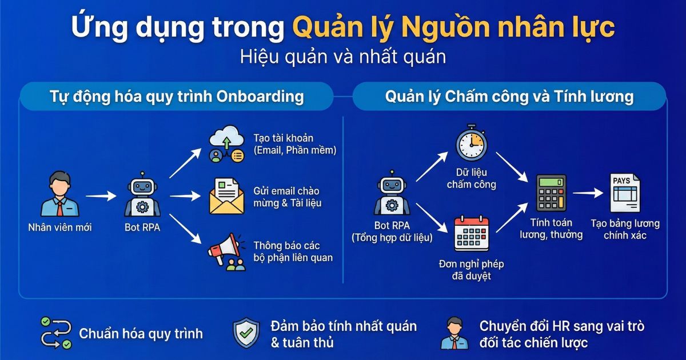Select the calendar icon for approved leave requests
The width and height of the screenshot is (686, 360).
pyautogui.click(x=471, y=234)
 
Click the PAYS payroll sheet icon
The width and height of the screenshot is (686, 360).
pyautogui.click(x=624, y=193)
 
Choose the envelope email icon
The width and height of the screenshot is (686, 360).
pyautogui.click(x=226, y=196)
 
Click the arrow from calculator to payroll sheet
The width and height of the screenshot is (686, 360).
pyautogui.click(x=587, y=194)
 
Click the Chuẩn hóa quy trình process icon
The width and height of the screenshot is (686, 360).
pyautogui.click(x=56, y=333)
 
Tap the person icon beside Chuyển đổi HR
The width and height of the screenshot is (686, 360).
pyautogui.click(x=454, y=334)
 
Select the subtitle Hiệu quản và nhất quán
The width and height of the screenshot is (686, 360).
pyautogui.click(x=342, y=57)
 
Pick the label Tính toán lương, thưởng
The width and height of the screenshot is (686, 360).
pyautogui.click(x=551, y=229)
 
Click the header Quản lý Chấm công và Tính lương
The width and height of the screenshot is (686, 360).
pyautogui.click(x=509, y=96)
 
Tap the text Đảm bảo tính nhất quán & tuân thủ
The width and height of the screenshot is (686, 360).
pyautogui.click(x=343, y=334)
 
